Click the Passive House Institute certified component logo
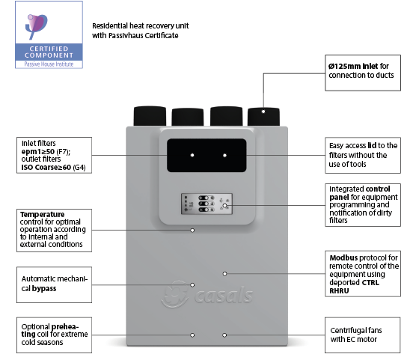(x=49, y=34)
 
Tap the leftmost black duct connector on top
(x=150, y=116)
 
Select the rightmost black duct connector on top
(x=263, y=117)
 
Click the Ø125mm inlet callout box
(x=363, y=73)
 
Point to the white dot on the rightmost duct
(x=263, y=112)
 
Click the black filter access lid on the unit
(x=207, y=156)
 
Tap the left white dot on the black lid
(x=192, y=155)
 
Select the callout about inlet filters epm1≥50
(x=54, y=156)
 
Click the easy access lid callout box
(x=363, y=156)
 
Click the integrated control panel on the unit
(x=207, y=204)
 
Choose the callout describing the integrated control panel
(x=363, y=205)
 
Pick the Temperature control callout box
(x=54, y=231)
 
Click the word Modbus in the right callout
(x=343, y=257)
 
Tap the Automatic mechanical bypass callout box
(x=54, y=284)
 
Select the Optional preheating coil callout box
(x=54, y=335)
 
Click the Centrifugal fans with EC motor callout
(x=362, y=335)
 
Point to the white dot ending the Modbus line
(x=224, y=274)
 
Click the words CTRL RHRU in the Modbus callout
(x=354, y=287)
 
